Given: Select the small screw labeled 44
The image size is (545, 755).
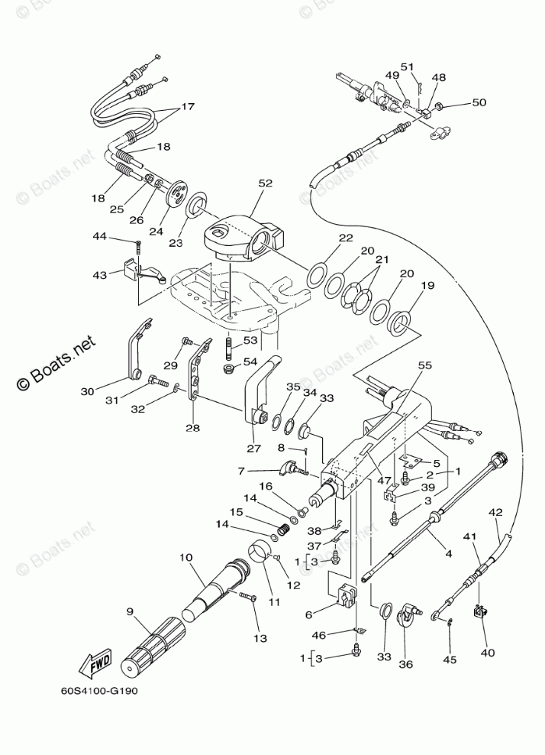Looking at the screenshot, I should tap(138, 245).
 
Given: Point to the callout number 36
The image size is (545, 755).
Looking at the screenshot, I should tap(405, 664).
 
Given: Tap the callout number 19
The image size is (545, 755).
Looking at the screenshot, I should tap(427, 286).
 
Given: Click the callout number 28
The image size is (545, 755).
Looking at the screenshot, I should tap(193, 429).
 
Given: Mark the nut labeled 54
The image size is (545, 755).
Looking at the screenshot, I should tap(227, 368).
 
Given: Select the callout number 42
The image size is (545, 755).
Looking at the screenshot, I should tap(496, 513).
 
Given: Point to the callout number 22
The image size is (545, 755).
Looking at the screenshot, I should tap(346, 238).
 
